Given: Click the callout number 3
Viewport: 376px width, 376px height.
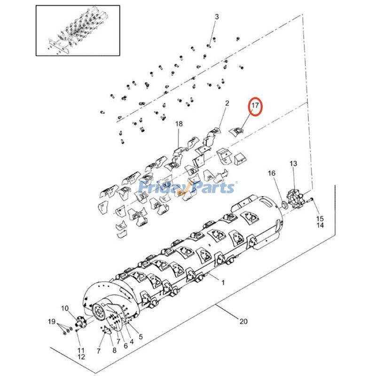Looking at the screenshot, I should pyautogui.click(x=217, y=17).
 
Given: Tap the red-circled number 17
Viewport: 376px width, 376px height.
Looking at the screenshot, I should pyautogui.click(x=255, y=106).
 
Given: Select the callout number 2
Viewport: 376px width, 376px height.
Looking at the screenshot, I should pyautogui.click(x=227, y=103).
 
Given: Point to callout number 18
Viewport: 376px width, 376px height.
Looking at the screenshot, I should pyautogui.click(x=179, y=124).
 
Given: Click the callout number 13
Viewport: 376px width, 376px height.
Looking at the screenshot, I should pyautogui.click(x=293, y=164).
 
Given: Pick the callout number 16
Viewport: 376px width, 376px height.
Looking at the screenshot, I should pyautogui.click(x=272, y=173).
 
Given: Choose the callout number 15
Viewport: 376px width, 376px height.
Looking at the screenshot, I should pyautogui.click(x=320, y=219).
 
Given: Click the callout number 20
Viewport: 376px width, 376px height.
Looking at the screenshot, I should pyautogui.click(x=243, y=322).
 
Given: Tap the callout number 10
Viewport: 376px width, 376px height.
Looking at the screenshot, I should pyautogui.click(x=64, y=308).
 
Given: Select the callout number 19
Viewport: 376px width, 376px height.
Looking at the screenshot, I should pyautogui.click(x=51, y=322).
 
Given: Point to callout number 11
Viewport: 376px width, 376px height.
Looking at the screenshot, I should pyautogui.click(x=80, y=350).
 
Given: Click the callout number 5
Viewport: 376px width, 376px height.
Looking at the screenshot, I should pyautogui.click(x=140, y=337).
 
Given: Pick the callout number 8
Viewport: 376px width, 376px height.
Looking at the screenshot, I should pyautogui.click(x=114, y=351).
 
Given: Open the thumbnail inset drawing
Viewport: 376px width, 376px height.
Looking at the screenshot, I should pyautogui.click(x=78, y=30).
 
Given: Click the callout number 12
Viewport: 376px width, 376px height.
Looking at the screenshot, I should pyautogui.click(x=80, y=357).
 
